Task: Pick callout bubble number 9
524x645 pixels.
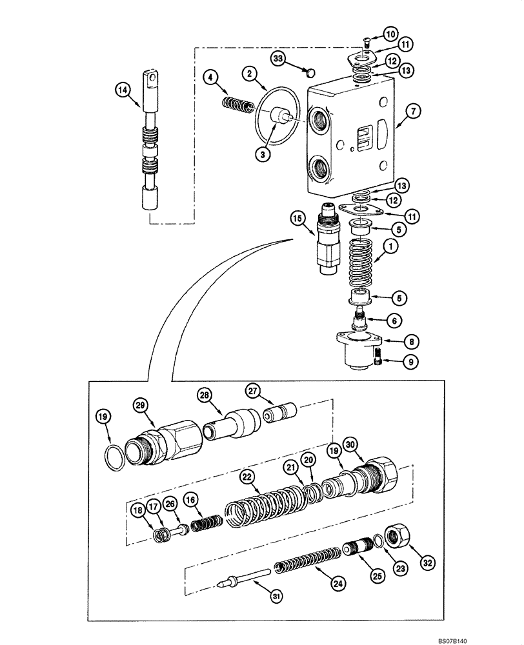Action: coord(408,362)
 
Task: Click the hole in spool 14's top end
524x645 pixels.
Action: coord(152,80)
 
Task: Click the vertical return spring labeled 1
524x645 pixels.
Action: coord(363,262)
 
